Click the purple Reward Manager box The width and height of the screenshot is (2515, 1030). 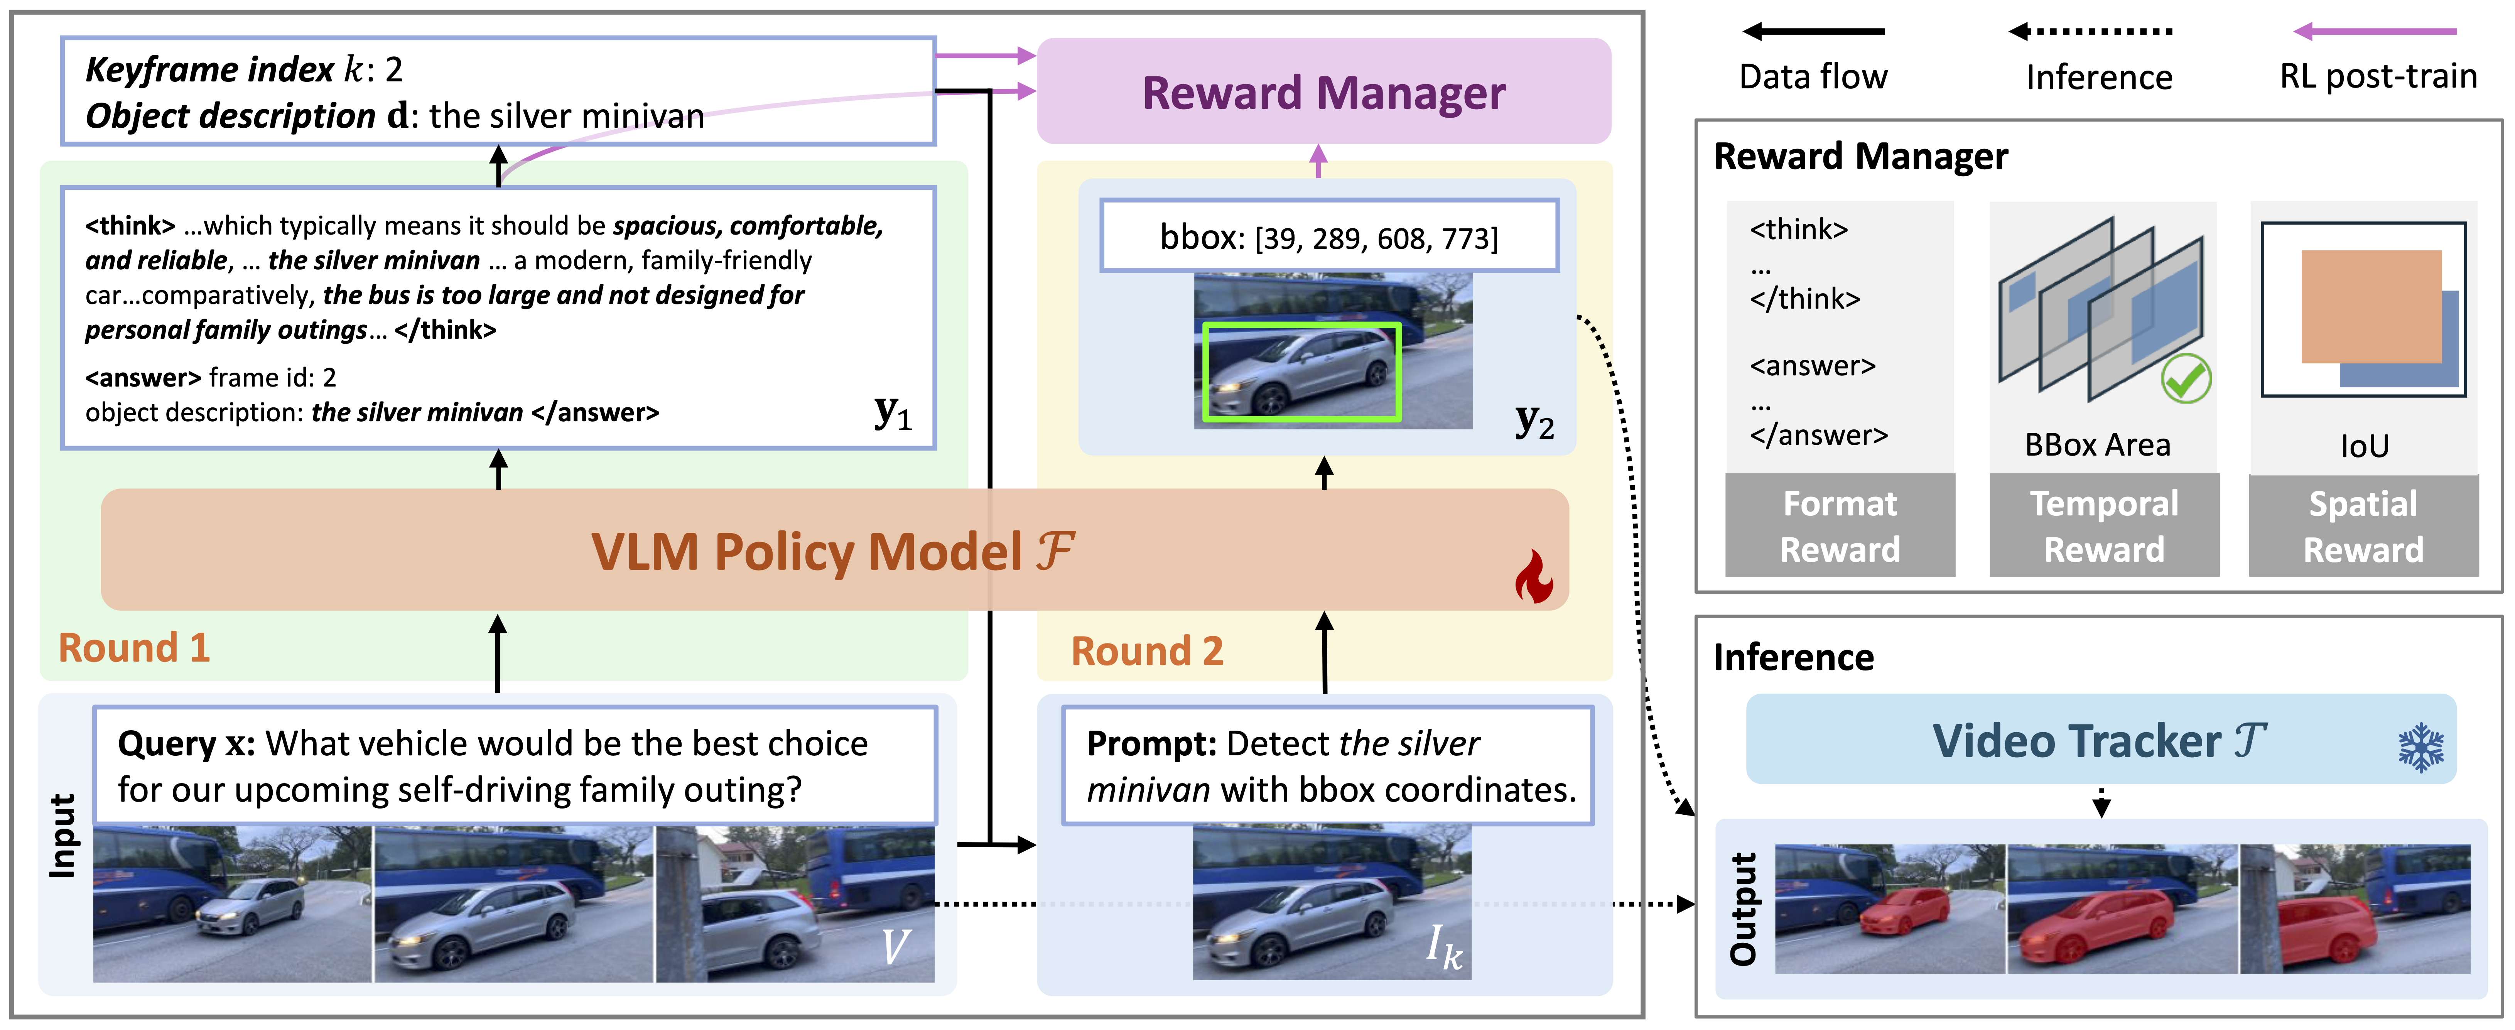click(1323, 92)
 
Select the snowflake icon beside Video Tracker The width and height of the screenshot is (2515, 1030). click(2420, 748)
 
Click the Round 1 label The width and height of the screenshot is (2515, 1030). click(134, 647)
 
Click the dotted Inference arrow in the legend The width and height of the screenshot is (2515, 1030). click(2089, 31)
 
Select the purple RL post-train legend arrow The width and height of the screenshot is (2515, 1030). click(2375, 31)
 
